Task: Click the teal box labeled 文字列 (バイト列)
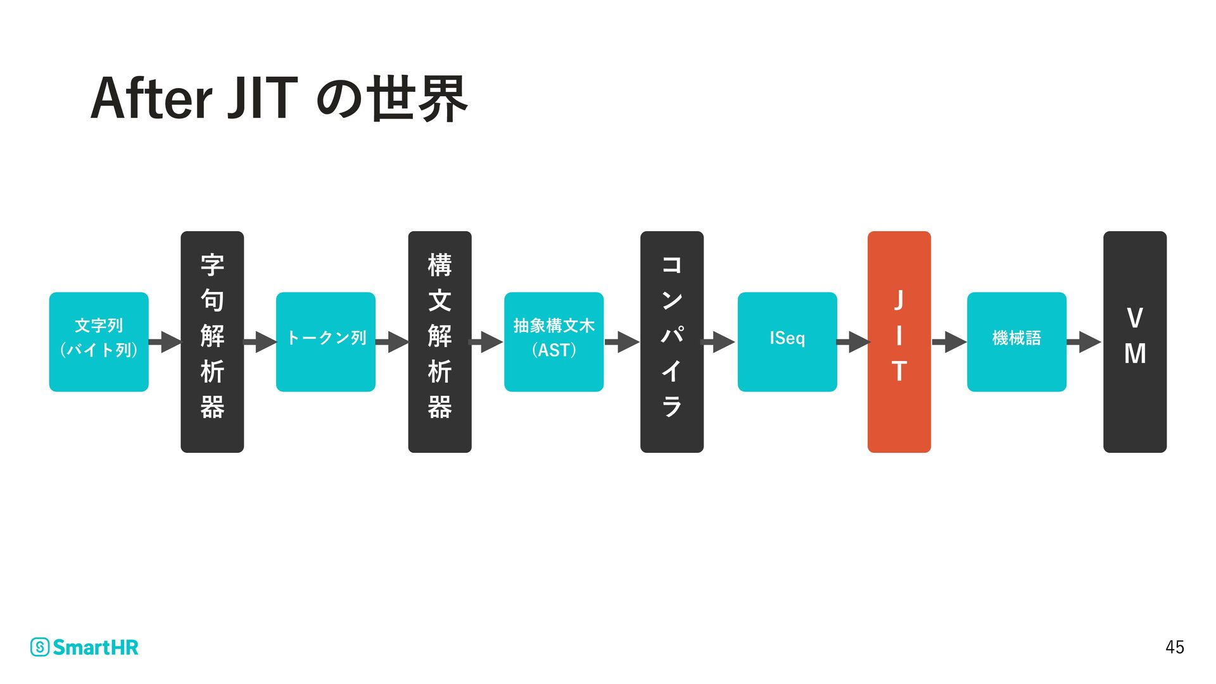click(99, 342)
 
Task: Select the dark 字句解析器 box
click(212, 342)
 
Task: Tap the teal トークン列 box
click(326, 342)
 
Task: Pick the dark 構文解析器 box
click(440, 342)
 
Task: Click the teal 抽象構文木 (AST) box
click(554, 342)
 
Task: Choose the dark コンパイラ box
click(672, 342)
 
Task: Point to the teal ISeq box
click(787, 342)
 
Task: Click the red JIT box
click(899, 342)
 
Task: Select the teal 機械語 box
click(1016, 342)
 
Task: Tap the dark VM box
click(1135, 342)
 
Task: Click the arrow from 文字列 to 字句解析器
click(165, 342)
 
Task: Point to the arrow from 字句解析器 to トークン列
click(260, 342)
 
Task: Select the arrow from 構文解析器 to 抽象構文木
click(486, 342)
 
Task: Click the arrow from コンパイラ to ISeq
click(719, 342)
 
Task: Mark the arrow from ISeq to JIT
click(853, 342)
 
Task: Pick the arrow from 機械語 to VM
click(1084, 342)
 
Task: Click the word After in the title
click(151, 99)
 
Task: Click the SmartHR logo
click(84, 647)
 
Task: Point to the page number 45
click(1174, 647)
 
